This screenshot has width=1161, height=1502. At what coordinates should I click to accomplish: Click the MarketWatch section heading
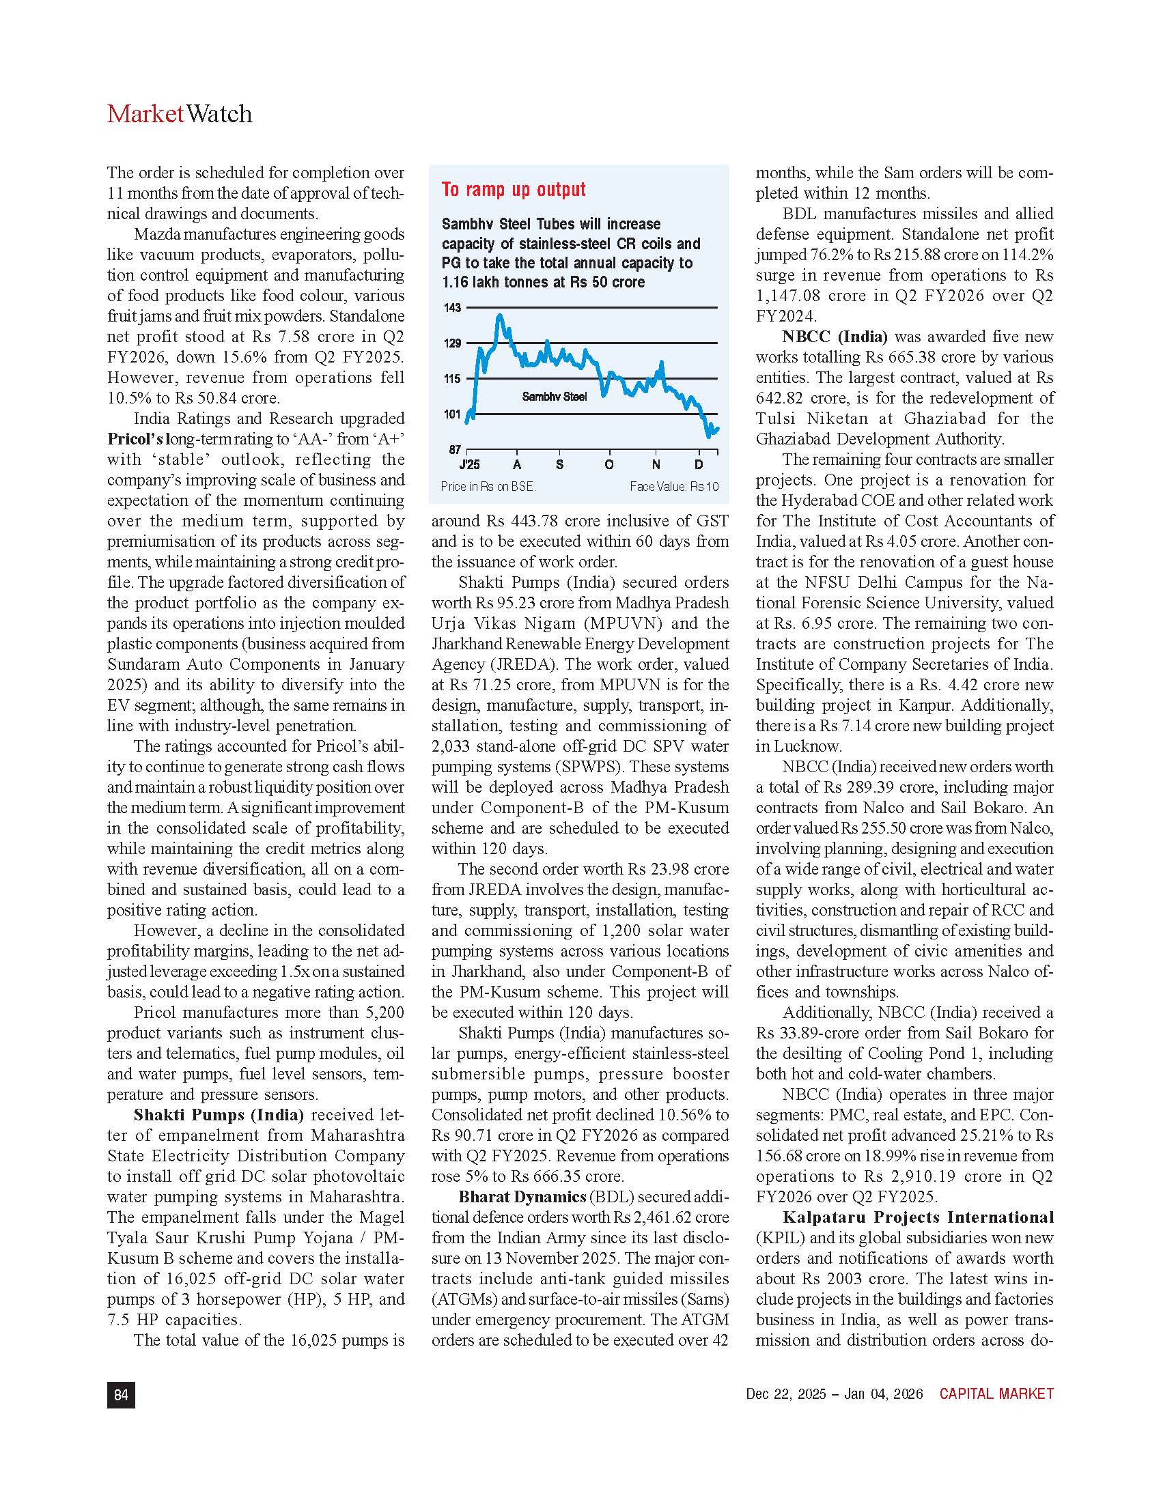(180, 113)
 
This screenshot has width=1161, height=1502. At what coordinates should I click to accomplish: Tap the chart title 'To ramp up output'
(513, 189)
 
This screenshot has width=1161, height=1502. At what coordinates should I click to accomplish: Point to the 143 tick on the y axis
(452, 307)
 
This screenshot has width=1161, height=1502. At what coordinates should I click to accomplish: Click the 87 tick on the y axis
(455, 450)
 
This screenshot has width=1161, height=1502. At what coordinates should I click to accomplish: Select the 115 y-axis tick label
(452, 378)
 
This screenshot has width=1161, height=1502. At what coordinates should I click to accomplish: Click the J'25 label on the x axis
(469, 465)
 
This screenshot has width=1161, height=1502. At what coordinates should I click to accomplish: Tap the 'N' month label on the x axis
(656, 465)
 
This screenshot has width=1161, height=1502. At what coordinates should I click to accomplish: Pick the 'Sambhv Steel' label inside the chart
(554, 397)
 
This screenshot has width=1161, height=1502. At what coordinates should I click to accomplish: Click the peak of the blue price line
(500, 316)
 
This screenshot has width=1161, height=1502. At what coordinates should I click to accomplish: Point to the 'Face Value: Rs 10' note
(673, 486)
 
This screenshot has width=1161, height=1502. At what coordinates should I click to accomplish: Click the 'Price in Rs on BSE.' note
(488, 486)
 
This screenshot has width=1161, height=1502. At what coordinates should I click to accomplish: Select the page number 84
(121, 1395)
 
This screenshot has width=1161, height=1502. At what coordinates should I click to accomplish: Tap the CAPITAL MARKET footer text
(996, 1394)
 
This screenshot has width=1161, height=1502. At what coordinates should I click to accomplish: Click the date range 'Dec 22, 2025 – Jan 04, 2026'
(835, 1394)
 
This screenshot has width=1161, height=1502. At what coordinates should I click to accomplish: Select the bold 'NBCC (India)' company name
(835, 337)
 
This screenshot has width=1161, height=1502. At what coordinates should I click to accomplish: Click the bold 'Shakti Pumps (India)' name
(218, 1114)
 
